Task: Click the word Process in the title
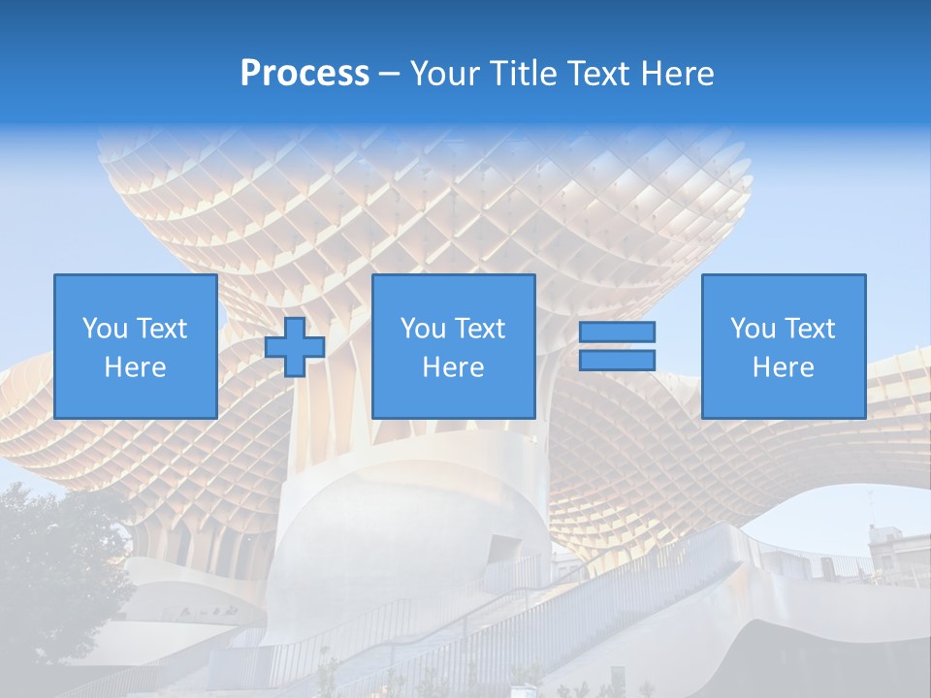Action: point(305,74)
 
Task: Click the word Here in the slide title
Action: point(680,74)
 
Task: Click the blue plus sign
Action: point(295,347)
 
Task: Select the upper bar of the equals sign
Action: point(617,333)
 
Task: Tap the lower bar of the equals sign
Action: point(617,361)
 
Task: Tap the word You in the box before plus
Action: point(105,329)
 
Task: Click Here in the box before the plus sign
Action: point(135,367)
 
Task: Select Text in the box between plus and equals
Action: point(480,329)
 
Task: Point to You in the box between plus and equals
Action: point(423,329)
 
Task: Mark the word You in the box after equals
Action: point(753,329)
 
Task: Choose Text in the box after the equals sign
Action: point(810,329)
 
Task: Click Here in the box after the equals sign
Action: point(783,367)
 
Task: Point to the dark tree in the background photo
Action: point(53,572)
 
